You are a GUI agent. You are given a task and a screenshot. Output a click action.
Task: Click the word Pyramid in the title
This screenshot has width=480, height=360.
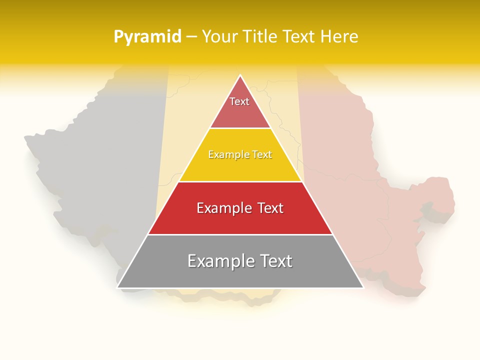pos(147,36)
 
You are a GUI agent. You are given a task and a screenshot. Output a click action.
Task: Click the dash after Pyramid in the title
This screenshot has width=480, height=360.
pos(191,37)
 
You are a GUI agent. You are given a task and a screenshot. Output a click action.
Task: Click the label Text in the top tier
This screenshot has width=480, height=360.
pos(239,101)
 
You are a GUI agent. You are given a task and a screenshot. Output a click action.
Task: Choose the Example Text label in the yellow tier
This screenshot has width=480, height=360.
pos(240,154)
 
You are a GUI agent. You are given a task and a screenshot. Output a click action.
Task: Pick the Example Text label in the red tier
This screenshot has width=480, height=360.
pos(240,208)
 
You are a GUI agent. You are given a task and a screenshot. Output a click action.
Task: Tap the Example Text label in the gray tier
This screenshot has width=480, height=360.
pos(240,261)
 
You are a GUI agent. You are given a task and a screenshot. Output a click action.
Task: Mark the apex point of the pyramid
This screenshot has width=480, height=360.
pos(240,75)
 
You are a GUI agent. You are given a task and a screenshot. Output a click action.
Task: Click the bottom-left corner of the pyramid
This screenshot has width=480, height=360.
pos(118,287)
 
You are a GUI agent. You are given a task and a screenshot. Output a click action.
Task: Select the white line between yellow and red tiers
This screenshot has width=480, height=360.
pos(240,181)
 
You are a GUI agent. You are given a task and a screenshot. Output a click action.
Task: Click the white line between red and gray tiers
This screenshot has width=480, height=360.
pos(240,234)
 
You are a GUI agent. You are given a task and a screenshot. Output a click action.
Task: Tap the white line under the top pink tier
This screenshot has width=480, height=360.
pos(240,128)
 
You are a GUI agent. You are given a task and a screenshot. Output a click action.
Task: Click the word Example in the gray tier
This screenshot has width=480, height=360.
pos(220,261)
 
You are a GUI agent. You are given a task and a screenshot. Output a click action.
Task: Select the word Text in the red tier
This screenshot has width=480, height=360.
pos(267,208)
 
